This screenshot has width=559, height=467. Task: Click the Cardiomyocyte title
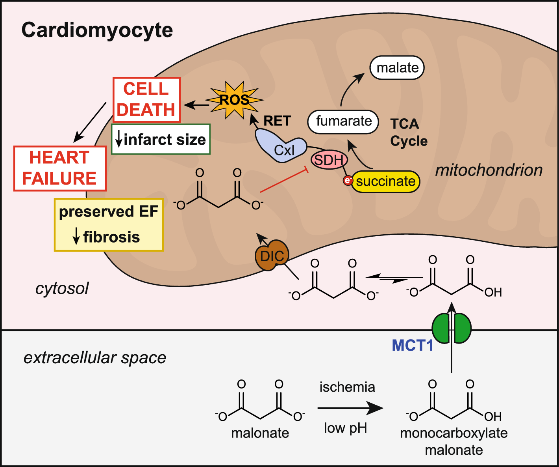coord(97,30)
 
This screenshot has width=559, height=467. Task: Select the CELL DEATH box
coord(146,99)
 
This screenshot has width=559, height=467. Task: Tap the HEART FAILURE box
coord(59,168)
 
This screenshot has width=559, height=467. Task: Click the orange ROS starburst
coord(234,100)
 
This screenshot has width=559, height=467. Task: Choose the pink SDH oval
coord(329,160)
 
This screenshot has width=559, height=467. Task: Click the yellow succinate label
coord(385,181)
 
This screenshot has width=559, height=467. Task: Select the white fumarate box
coord(343,121)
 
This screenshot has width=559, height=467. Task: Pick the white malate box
coord(397,67)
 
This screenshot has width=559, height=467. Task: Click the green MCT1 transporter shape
coord(452,328)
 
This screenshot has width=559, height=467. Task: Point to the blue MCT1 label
coord(412,346)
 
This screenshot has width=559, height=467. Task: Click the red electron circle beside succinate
coord(348,181)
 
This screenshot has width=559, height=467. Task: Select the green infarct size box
coord(161,139)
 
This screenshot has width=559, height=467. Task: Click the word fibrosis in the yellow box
coord(111,237)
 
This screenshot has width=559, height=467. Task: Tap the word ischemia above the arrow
coord(347,387)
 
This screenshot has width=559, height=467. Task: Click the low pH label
coord(345,428)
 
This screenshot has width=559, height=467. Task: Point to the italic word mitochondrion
coord(489,170)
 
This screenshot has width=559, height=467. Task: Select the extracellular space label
coord(95,358)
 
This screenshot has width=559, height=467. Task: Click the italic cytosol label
coord(62,288)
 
